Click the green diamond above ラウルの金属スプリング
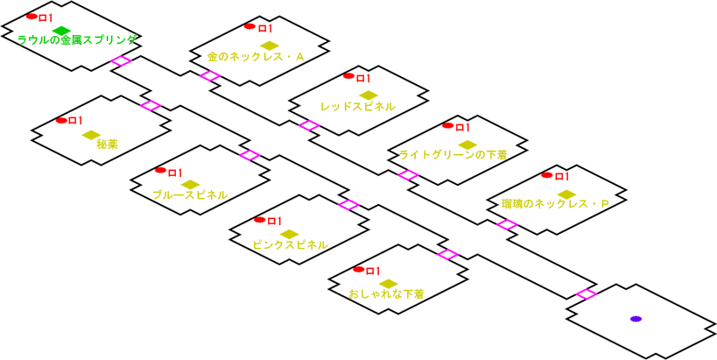(60, 31)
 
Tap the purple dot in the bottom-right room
(636, 318)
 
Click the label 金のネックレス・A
(256, 57)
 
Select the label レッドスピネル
(358, 106)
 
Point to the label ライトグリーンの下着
(453, 155)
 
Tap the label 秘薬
(109, 145)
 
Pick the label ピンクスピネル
(290, 244)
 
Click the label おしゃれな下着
(386, 293)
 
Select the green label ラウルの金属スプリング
(76, 40)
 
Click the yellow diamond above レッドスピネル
(368, 95)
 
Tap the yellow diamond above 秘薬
(91, 135)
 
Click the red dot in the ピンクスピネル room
(259, 219)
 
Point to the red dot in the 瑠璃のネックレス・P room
(547, 175)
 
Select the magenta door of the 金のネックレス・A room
(209, 76)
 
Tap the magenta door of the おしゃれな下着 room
(447, 254)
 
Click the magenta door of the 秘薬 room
(151, 105)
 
